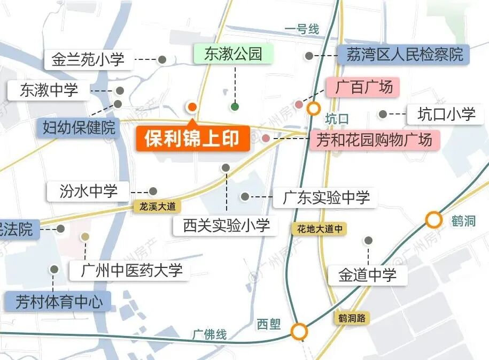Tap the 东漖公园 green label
[233, 54]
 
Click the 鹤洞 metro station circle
[434, 219]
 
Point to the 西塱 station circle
[300, 332]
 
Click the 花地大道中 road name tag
[319, 229]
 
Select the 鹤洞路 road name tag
[352, 318]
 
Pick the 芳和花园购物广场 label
[374, 141]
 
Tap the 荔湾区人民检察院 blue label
[404, 55]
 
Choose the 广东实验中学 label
[325, 197]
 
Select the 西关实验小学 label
[226, 226]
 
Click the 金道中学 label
[368, 275]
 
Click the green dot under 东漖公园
[235, 106]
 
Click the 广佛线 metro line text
[209, 335]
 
